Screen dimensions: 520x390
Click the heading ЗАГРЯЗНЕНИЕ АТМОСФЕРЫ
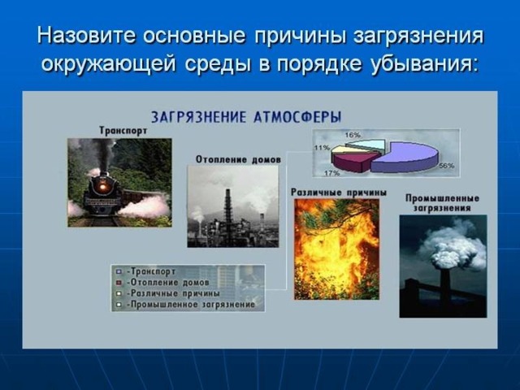[x=246, y=117]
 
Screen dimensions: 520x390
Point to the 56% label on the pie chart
[x=447, y=166]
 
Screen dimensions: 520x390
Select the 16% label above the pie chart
[x=353, y=135]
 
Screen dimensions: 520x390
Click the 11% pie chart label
[x=322, y=148]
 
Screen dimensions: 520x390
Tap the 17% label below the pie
[x=332, y=173]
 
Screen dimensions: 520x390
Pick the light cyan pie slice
[x=366, y=145]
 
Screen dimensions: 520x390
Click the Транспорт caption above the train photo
[x=123, y=131]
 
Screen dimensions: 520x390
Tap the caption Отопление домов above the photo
[x=238, y=159]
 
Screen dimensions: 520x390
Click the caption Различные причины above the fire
[x=339, y=193]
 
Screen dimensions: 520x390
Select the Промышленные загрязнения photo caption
[x=442, y=203]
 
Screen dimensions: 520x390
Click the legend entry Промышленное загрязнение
[x=192, y=305]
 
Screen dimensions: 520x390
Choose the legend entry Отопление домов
[x=168, y=283]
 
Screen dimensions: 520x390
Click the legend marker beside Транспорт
[x=119, y=271]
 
